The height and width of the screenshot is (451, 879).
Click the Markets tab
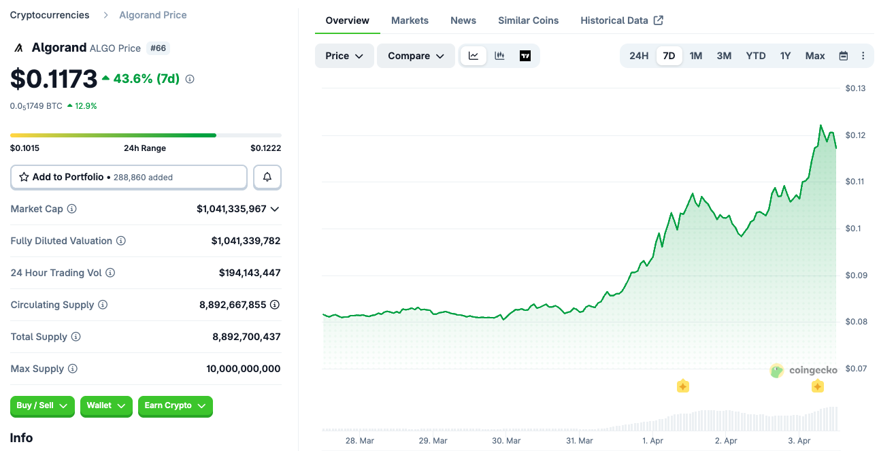point(410,20)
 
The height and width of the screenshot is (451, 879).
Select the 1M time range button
point(695,56)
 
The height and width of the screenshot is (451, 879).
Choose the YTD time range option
point(755,56)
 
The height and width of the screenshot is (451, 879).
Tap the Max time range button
point(814,56)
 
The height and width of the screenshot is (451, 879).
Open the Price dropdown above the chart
point(344,56)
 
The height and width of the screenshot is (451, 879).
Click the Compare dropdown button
point(416,56)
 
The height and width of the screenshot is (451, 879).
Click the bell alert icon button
point(267,177)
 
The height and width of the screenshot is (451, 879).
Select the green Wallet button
point(105,405)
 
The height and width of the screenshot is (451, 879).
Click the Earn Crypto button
point(175,405)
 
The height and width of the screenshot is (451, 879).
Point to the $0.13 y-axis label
point(855,88)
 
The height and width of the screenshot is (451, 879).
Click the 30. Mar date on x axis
point(505,441)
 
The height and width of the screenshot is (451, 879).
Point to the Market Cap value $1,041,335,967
point(231,209)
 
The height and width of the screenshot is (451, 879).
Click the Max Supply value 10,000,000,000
point(243,369)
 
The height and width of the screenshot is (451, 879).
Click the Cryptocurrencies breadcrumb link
point(50,15)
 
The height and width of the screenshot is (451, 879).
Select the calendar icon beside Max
point(844,56)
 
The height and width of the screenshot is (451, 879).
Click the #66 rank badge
point(159,48)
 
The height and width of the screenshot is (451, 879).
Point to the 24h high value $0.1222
point(265,148)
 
